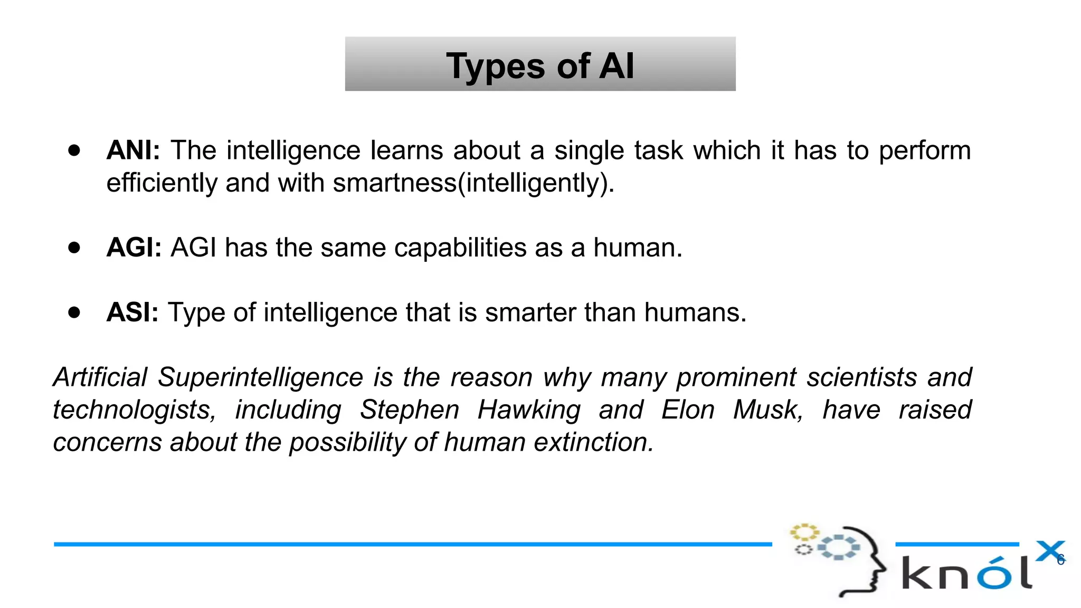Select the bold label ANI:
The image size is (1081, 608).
point(133,150)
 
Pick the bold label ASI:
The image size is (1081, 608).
point(132,312)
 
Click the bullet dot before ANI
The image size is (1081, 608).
point(74,150)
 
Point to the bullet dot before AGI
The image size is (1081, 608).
point(74,248)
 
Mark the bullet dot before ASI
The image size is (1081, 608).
point(74,312)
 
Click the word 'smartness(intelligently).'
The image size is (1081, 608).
point(473,183)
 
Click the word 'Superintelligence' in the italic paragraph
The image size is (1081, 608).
point(260,377)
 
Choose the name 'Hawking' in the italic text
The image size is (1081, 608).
point(529,410)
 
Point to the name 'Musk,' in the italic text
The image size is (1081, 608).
point(768,410)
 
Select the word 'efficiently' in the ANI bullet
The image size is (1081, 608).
point(162,183)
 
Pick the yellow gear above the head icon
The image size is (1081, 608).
point(804,532)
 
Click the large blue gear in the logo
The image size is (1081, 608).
point(839,547)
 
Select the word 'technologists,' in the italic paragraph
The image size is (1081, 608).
point(135,410)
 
